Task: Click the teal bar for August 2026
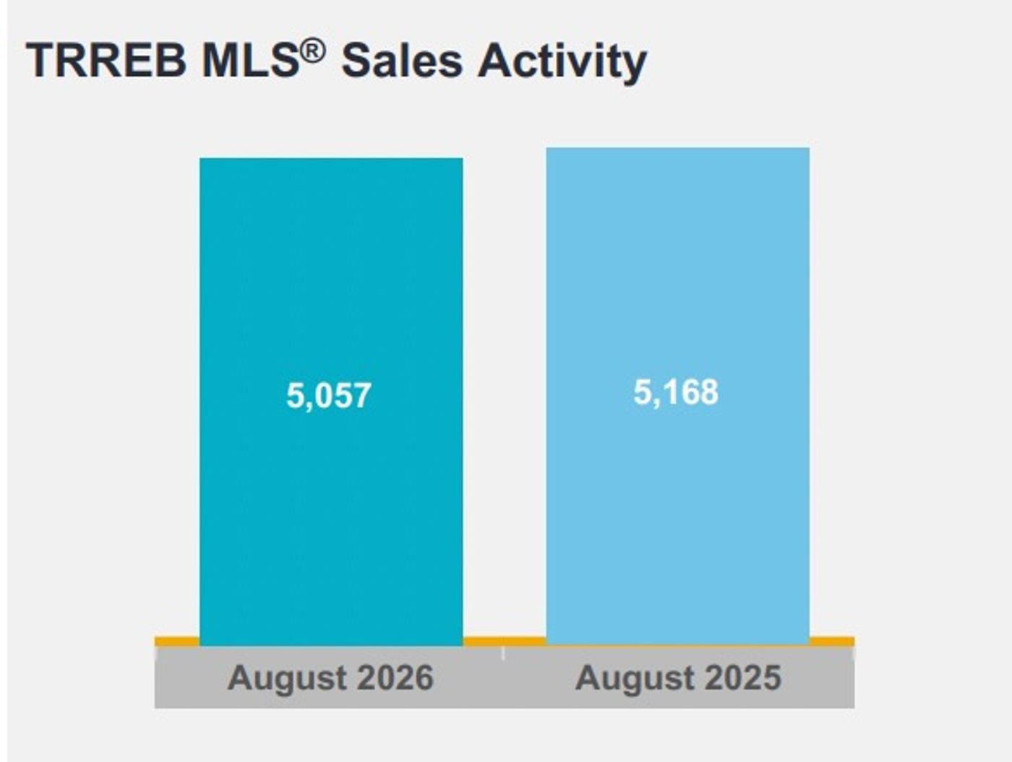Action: tap(331, 402)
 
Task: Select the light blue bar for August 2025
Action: tap(678, 397)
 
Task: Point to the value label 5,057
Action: tap(329, 395)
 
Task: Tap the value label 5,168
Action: tap(676, 392)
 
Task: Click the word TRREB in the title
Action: tap(106, 61)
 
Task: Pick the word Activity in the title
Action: tap(562, 63)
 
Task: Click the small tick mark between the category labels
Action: tap(503, 654)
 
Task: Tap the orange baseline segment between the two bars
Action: tap(505, 641)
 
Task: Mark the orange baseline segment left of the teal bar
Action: tap(177, 641)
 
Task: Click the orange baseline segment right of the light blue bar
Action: tap(832, 641)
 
